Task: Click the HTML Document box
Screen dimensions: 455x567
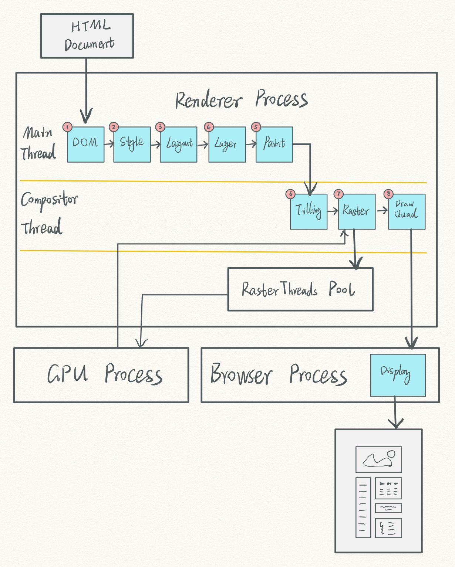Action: [87, 36]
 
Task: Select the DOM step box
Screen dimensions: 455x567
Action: [86, 145]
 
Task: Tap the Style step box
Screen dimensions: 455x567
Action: [132, 145]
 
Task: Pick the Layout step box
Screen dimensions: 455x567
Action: [179, 145]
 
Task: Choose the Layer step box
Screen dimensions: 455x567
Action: [227, 145]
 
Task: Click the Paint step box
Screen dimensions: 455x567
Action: [274, 145]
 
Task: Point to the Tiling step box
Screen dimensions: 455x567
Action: [309, 211]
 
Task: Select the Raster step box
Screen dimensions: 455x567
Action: [357, 211]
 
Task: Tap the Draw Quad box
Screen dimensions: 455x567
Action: [407, 211]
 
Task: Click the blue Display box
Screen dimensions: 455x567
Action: [398, 375]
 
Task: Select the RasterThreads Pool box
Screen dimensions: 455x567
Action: [300, 289]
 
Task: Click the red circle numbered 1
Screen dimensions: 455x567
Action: [67, 127]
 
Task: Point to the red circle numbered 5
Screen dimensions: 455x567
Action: [256, 127]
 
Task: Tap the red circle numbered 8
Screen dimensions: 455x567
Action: [388, 194]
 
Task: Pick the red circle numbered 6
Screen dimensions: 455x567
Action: [290, 194]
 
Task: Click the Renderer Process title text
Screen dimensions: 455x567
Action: [242, 99]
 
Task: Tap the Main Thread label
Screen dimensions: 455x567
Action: [38, 143]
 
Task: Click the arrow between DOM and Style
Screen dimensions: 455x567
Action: [109, 143]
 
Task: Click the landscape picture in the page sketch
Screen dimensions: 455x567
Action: [379, 459]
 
